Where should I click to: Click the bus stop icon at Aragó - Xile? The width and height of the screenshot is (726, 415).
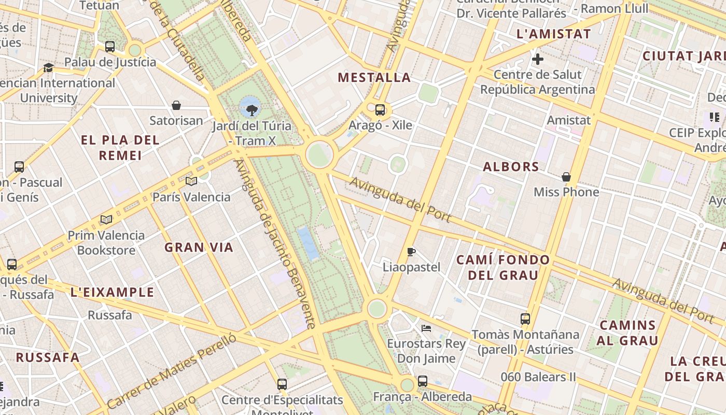(380, 109)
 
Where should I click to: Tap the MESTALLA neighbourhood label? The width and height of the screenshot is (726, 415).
(374, 78)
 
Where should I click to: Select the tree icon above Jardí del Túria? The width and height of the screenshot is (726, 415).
(252, 109)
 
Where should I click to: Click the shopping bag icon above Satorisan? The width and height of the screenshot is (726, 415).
(176, 105)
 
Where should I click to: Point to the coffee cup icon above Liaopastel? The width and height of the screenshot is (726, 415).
(411, 252)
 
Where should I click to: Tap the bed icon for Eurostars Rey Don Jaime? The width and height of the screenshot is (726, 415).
(426, 328)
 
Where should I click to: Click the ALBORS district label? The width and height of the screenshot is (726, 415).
(511, 167)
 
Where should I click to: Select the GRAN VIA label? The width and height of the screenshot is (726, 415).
(199, 247)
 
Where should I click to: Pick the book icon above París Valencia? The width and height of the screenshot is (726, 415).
(191, 181)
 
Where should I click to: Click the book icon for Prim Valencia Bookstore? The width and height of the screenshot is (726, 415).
(106, 220)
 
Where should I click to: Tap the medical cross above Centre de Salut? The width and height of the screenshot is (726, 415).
(538, 59)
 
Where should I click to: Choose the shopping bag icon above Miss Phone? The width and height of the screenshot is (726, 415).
(566, 177)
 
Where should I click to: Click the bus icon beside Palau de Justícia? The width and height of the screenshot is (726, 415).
(110, 47)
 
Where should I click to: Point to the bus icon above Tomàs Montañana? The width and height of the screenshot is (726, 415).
(525, 319)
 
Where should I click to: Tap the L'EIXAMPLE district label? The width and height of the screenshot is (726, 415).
(112, 293)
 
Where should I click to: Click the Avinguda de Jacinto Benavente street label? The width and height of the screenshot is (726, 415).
(275, 244)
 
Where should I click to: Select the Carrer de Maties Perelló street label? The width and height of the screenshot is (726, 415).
(171, 371)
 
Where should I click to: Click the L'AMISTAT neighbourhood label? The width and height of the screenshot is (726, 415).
(553, 34)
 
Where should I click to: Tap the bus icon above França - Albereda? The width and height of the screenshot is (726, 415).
(423, 381)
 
